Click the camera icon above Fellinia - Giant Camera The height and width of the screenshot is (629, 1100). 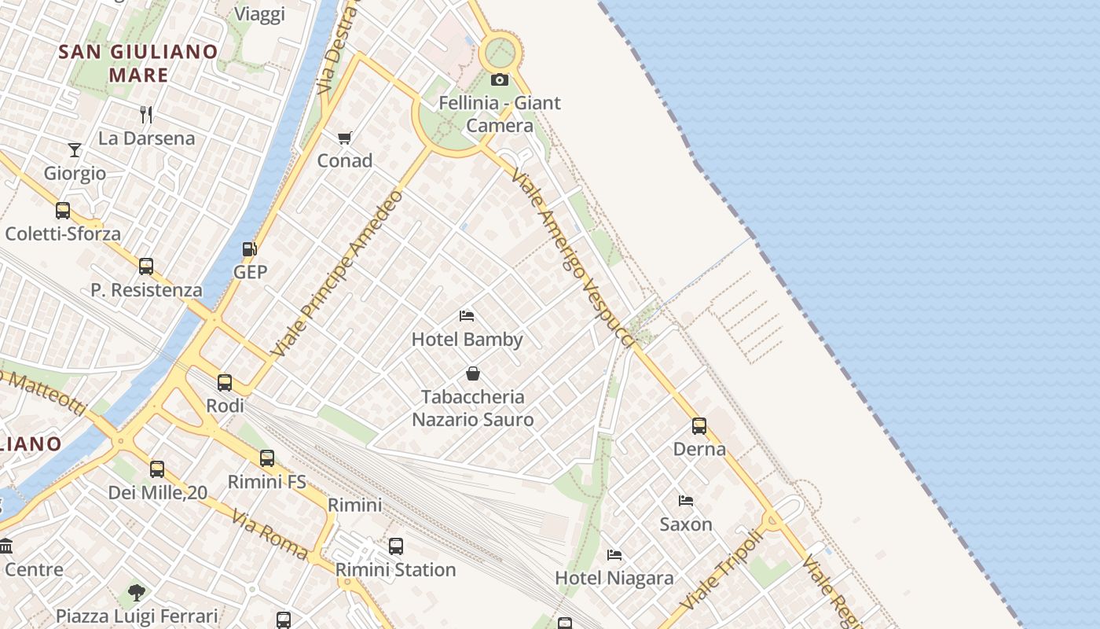coord(500,79)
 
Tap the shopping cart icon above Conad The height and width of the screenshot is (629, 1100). coord(344,138)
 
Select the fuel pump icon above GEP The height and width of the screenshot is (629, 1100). coord(250,249)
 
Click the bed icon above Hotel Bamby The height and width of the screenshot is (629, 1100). coord(467,316)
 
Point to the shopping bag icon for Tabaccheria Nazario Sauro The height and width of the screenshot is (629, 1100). coord(473,373)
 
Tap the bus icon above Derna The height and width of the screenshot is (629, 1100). coord(699,426)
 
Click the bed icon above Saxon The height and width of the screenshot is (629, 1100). coord(686,501)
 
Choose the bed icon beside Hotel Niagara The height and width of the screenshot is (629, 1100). coord(614,555)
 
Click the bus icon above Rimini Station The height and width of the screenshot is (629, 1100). coord(396,546)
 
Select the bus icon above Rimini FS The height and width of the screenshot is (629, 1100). coord(267,458)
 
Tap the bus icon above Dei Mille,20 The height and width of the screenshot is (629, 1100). coord(157,469)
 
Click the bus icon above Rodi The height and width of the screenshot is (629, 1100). coord(225,383)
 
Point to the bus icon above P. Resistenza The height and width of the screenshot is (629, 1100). coord(146,267)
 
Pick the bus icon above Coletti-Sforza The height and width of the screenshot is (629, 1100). coord(63,211)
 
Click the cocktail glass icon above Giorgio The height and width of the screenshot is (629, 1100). coord(75,149)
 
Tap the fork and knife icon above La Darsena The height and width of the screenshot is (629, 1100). coord(146,115)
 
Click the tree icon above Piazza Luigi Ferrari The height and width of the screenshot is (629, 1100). coord(137,592)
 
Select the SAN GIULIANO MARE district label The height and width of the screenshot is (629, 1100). coord(138,64)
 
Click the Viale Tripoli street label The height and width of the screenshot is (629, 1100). coord(721,570)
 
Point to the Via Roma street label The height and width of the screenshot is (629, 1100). coord(269,534)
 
